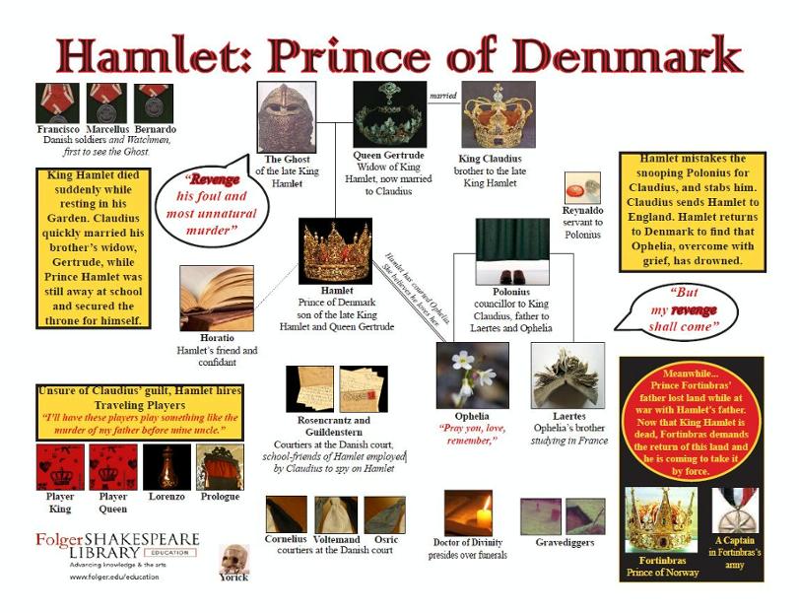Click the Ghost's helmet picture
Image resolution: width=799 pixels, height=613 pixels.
point(286,115)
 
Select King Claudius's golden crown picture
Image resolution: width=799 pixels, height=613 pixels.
point(498,114)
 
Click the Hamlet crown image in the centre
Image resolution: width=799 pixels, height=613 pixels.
point(335,252)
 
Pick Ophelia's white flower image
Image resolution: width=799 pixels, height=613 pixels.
point(472,375)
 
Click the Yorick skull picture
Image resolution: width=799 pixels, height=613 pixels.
point(233,559)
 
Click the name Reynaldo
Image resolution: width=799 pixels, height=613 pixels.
point(583,211)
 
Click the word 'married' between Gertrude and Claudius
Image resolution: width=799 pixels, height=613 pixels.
point(445,96)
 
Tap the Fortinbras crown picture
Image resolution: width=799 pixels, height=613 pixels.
point(661,519)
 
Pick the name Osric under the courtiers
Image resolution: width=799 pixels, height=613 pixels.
point(385,539)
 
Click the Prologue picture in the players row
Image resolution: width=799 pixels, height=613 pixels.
point(220,467)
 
